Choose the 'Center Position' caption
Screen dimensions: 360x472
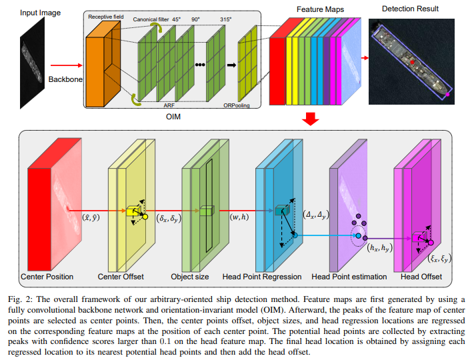point(47,276)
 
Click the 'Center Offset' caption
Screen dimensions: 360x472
point(121,276)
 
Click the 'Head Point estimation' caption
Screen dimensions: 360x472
point(349,276)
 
